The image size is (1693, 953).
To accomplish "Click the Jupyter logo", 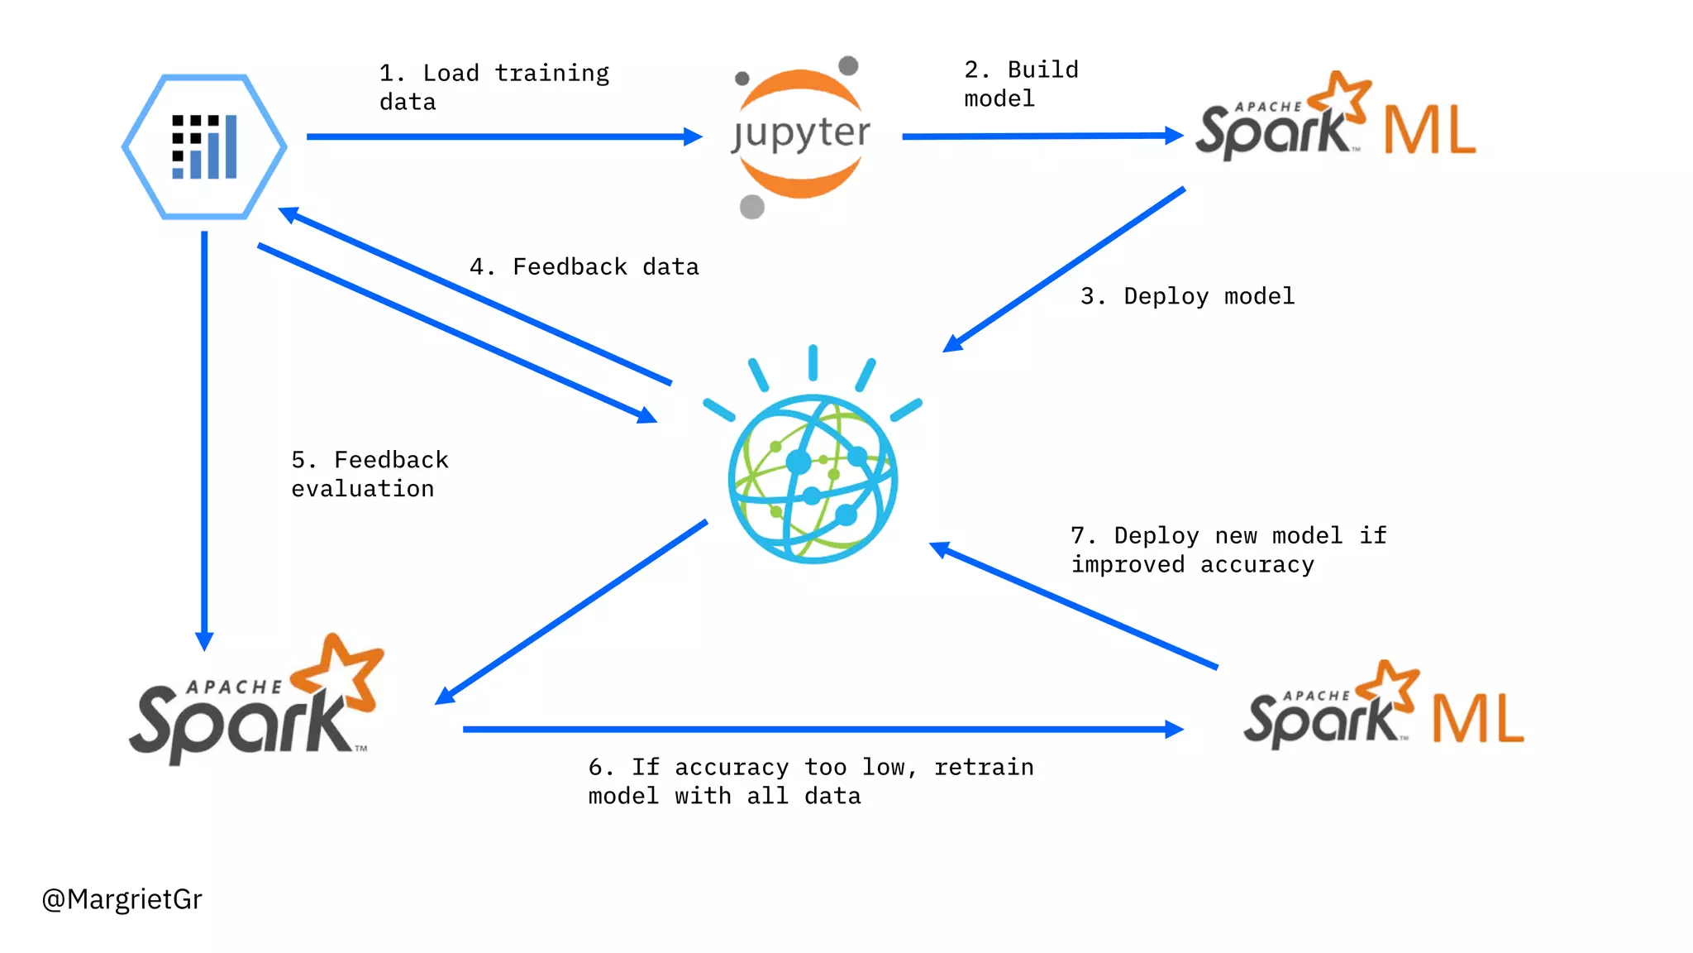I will click(x=800, y=134).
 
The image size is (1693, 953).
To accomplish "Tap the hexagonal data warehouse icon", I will click(x=204, y=146).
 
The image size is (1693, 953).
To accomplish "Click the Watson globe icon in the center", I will click(x=813, y=477).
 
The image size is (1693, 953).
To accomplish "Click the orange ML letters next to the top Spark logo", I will click(x=1429, y=130).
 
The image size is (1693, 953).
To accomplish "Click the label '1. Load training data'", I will click(x=494, y=87).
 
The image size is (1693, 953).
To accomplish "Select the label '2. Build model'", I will click(x=1020, y=84).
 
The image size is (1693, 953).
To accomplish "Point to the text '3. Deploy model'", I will click(x=1187, y=296).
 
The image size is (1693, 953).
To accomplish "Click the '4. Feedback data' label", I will click(x=584, y=267).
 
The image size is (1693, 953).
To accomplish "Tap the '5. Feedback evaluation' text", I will click(x=369, y=474).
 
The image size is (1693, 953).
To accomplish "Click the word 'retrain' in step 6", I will click(x=984, y=768).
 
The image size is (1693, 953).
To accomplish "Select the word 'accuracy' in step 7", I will click(x=1257, y=565).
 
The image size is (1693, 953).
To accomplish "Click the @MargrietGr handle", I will click(x=122, y=899).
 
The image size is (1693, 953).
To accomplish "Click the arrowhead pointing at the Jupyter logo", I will click(x=693, y=136).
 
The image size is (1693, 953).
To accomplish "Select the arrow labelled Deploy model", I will click(x=1066, y=269).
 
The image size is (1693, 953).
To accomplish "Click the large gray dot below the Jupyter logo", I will click(x=751, y=206).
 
